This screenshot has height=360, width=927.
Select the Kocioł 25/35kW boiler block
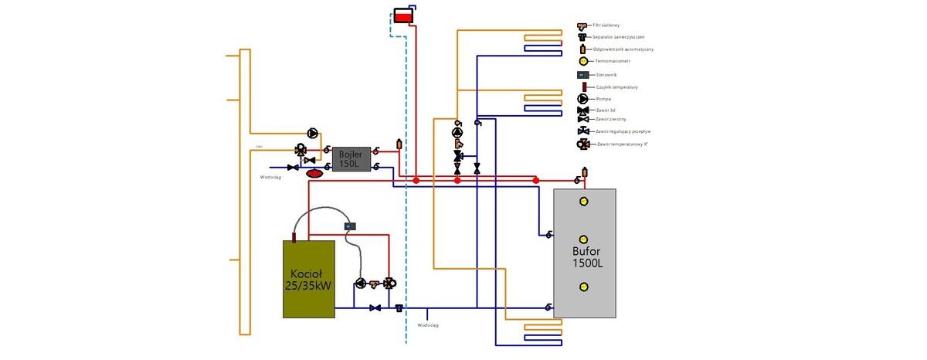308,278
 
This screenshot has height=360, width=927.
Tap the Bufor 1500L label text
587,257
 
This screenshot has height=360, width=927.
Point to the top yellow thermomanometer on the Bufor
584,202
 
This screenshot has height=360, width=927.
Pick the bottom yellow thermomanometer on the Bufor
584,287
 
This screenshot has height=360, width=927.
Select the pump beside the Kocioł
361,284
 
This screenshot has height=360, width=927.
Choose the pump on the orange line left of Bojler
312,134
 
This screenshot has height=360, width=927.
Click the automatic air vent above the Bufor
585,172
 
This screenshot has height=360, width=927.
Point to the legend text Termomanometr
613,61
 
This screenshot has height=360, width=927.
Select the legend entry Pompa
603,99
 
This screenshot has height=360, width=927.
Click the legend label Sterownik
606,75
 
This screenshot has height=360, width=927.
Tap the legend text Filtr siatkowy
607,25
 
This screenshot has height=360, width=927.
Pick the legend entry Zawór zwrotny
610,119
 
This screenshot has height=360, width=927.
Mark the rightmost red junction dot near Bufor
536,180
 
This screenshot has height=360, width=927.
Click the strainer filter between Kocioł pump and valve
375,284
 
